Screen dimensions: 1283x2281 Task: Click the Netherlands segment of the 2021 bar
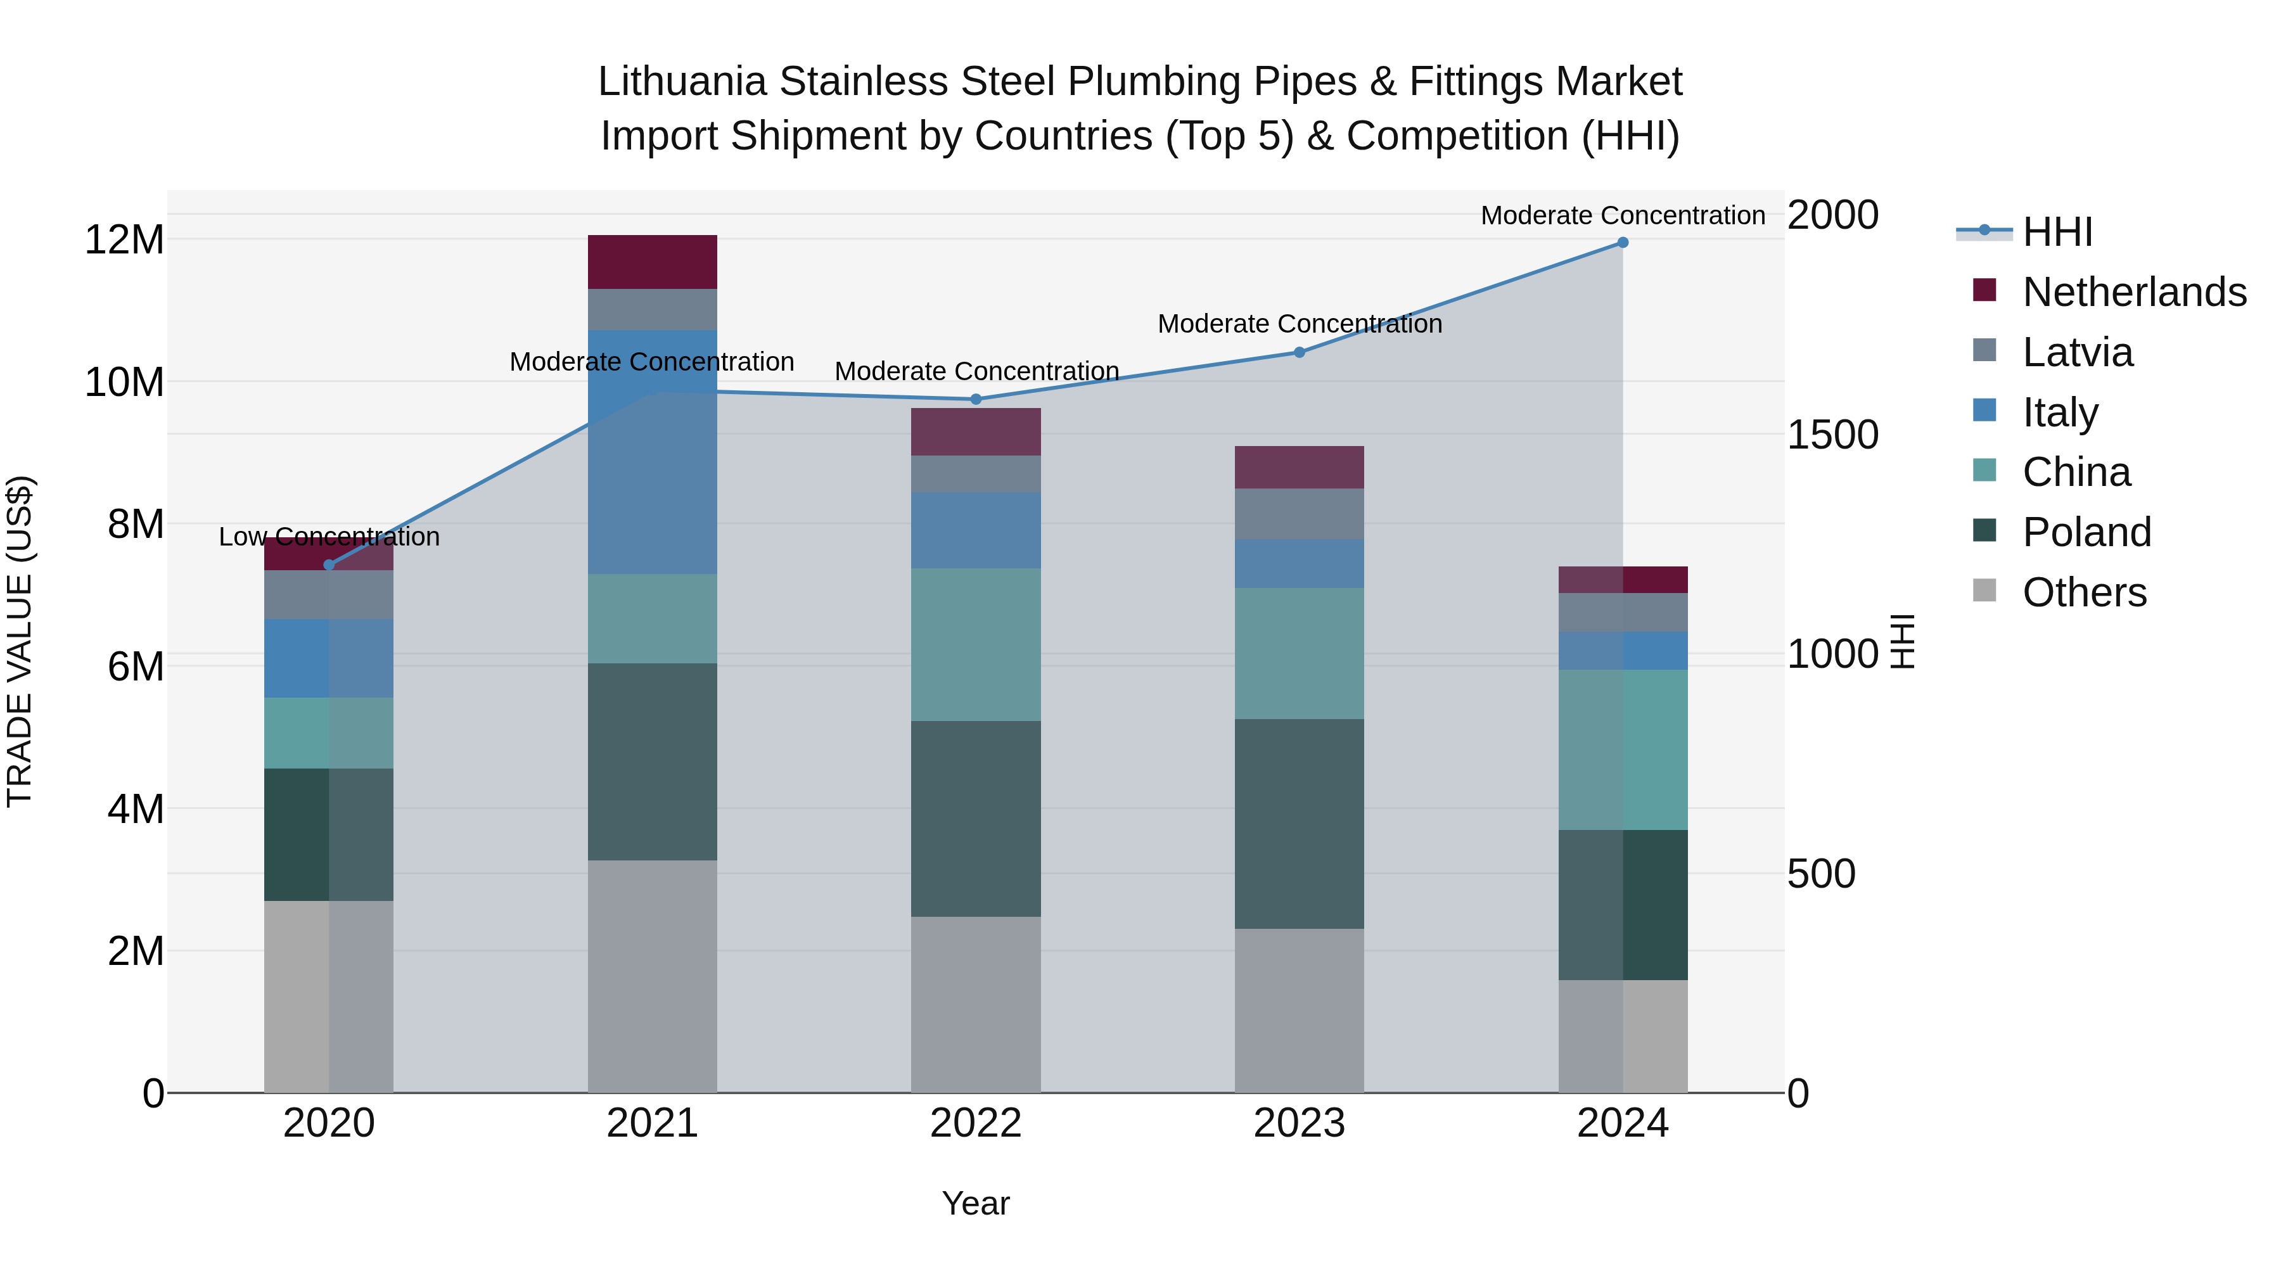tap(652, 262)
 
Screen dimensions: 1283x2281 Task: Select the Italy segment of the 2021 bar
tap(652, 452)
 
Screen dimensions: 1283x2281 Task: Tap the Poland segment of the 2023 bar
tap(1299, 824)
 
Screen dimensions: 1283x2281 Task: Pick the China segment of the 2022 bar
tap(976, 644)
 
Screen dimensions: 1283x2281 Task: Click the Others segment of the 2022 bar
tap(976, 1004)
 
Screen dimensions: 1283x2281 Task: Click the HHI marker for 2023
tap(1299, 352)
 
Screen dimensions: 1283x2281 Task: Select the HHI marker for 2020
tap(329, 565)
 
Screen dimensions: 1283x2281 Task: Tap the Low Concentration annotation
tap(329, 537)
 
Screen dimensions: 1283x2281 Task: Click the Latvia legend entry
tap(2078, 352)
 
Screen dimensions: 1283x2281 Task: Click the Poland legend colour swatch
tap(1984, 532)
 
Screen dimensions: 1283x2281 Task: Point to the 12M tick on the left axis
tap(124, 240)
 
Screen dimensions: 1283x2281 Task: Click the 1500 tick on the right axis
tap(1832, 435)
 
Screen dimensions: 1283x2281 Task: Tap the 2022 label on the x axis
tap(976, 1123)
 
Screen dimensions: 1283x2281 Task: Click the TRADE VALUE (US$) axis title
tap(20, 641)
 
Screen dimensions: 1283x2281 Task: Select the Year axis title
tap(976, 1203)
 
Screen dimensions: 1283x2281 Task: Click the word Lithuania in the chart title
tap(681, 82)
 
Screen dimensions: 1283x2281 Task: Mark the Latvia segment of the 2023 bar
tap(1299, 514)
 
